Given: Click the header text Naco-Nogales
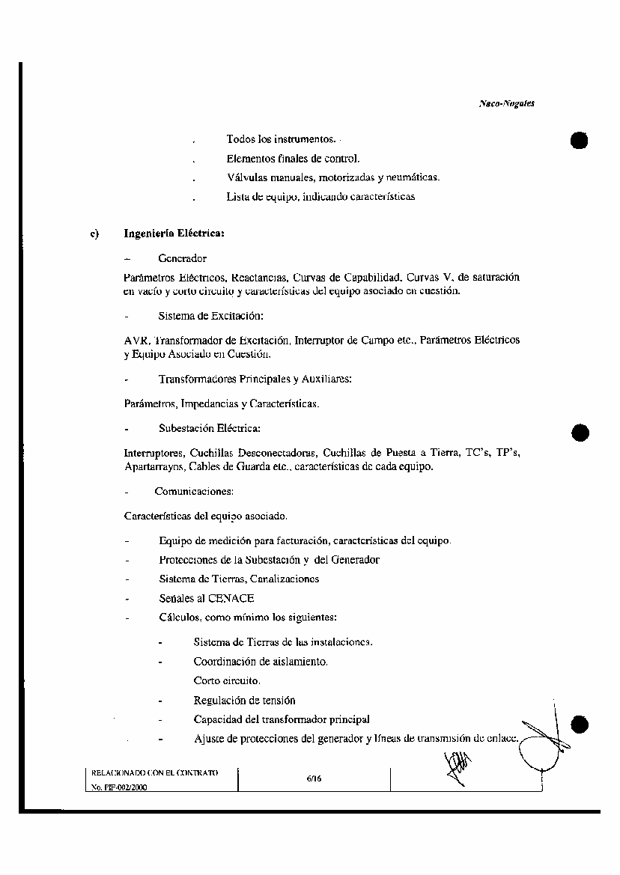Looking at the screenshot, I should [506, 104].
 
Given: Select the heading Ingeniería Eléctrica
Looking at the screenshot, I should [174, 234].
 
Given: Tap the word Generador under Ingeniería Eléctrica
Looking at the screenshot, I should [182, 258].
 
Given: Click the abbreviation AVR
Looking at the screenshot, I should [137, 340].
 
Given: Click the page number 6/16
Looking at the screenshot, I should [314, 778].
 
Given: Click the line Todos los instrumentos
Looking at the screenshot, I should [281, 139].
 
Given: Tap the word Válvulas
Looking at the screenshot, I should [247, 177].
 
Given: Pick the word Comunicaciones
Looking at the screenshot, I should [194, 492].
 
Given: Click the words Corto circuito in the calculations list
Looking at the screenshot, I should [227, 681].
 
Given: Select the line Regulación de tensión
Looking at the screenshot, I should [244, 701].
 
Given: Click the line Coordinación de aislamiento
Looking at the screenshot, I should [261, 662].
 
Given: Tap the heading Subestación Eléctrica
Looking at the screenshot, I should [209, 429].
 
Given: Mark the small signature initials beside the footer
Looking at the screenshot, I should [457, 768].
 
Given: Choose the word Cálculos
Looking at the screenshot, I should [178, 618].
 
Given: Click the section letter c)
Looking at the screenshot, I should [95, 234].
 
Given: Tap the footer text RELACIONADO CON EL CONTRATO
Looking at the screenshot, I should [154, 771].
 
